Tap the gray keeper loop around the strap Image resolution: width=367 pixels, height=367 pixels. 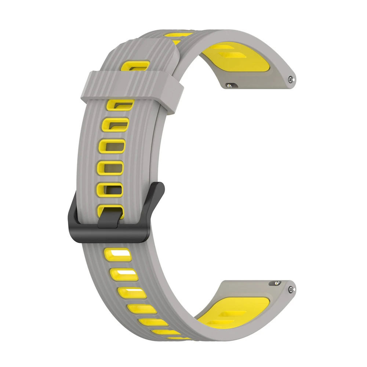click(132, 88)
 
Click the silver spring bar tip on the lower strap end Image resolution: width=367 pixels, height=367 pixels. click(292, 290)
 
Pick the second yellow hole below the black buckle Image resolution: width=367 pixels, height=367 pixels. click(124, 274)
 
